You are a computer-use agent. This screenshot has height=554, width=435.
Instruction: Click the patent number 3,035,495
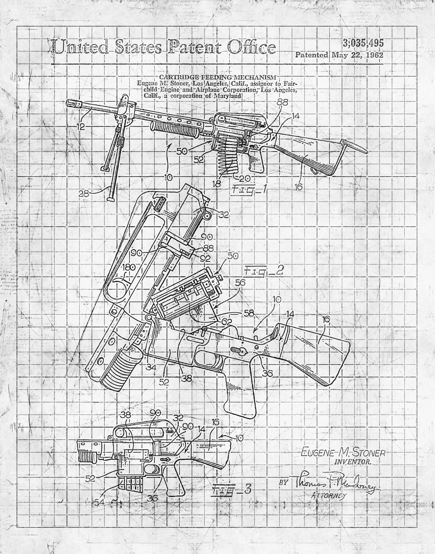pos(363,43)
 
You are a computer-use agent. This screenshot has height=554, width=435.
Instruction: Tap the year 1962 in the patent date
pos(374,55)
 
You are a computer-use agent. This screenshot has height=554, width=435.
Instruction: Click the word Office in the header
pos(251,47)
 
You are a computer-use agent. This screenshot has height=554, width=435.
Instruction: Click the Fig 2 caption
pos(264,271)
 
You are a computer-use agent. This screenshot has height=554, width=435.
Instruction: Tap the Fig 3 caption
pos(232,489)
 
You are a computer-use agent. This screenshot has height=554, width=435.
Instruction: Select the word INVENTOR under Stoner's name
pos(353,462)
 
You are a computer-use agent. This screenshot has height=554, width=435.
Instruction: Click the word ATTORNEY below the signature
pos(329,496)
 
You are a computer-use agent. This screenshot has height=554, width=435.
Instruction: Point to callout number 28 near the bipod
pos(84,194)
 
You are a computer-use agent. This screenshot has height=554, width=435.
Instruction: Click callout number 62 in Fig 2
pos(227,322)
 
